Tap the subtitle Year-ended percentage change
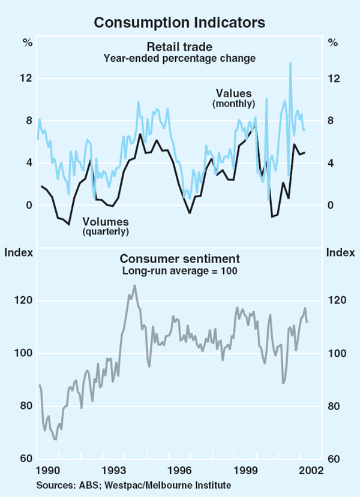click(x=179, y=58)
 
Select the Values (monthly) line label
click(x=234, y=98)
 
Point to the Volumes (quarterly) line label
click(x=106, y=224)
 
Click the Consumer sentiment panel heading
click(x=179, y=259)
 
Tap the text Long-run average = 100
click(x=179, y=270)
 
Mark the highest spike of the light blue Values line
click(x=290, y=62)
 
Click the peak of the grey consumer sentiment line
click(x=134, y=286)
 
